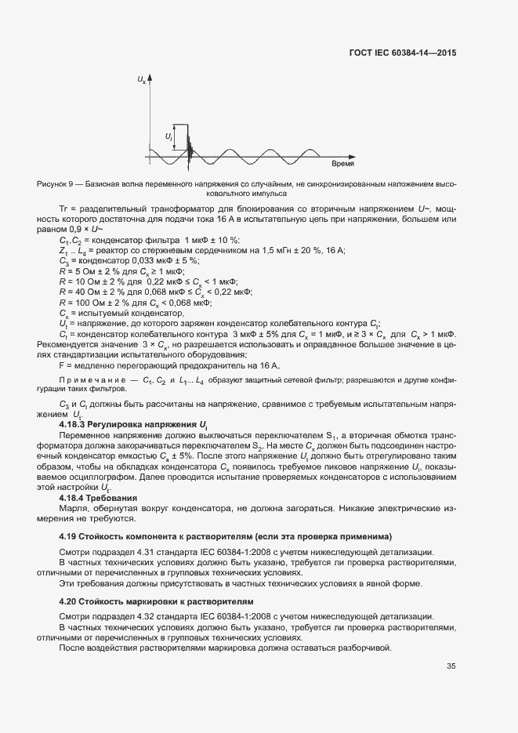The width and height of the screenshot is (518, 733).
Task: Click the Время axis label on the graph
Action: point(342,165)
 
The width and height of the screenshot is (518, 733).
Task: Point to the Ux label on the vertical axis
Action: point(141,80)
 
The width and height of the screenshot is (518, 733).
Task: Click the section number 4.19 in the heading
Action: point(67,537)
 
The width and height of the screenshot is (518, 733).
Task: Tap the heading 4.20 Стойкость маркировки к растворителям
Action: point(148,601)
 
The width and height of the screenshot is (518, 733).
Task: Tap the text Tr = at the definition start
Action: point(67,209)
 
